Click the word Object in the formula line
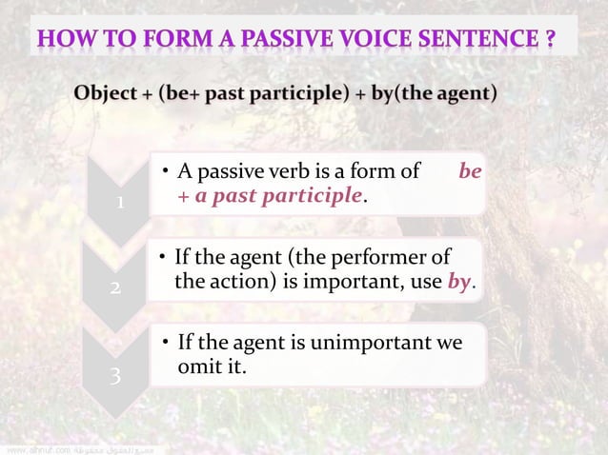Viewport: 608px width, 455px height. (108, 95)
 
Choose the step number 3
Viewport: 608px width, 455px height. (114, 377)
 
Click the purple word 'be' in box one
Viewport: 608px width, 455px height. (470, 172)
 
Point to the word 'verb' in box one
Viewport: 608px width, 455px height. (286, 172)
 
